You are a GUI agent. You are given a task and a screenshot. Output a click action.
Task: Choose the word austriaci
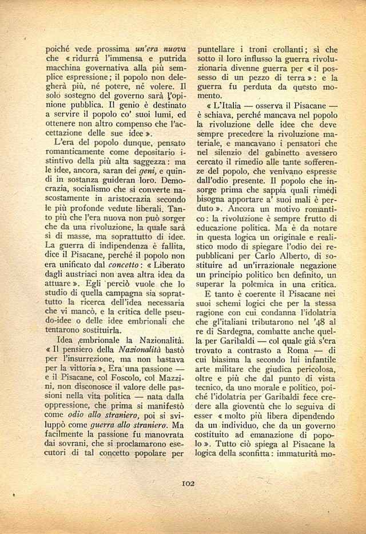(x=90, y=276)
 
